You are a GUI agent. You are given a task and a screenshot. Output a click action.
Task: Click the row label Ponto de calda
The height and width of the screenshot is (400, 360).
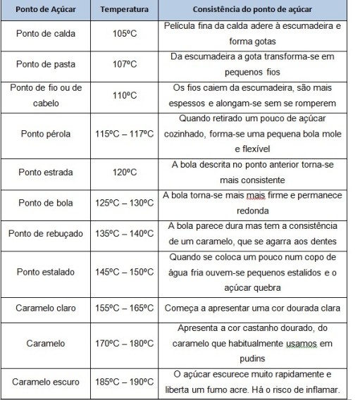tap(48, 33)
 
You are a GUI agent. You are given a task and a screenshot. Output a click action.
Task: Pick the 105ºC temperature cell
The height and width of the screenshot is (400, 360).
tap(124, 33)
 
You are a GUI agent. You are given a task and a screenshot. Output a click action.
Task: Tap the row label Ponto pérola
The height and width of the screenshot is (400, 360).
tap(48, 132)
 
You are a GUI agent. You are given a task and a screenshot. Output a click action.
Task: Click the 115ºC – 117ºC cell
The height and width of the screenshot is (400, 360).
tap(124, 132)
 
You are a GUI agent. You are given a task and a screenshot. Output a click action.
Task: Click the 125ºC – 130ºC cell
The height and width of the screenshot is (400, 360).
tap(124, 204)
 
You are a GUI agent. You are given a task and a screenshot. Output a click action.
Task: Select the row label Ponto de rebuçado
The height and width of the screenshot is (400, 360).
tap(48, 233)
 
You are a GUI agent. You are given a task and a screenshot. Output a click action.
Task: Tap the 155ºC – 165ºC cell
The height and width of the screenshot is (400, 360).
tap(124, 308)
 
